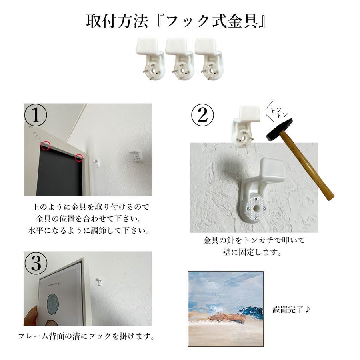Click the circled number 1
tap(36, 115)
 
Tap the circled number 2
tap(202, 115)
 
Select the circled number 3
tap(36, 263)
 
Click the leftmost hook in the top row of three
tap(150, 59)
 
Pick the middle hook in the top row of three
tap(180, 59)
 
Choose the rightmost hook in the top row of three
tap(209, 59)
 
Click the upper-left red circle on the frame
tap(46, 146)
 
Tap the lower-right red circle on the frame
tap(79, 158)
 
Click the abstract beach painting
tap(226, 309)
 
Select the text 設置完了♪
tap(291, 309)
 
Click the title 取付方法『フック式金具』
tap(176, 21)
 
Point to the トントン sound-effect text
tap(278, 112)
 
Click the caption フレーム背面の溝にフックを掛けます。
tap(86, 336)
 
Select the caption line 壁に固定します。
tap(252, 252)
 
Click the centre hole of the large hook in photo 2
tap(256, 208)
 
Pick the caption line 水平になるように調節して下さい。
tap(89, 230)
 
